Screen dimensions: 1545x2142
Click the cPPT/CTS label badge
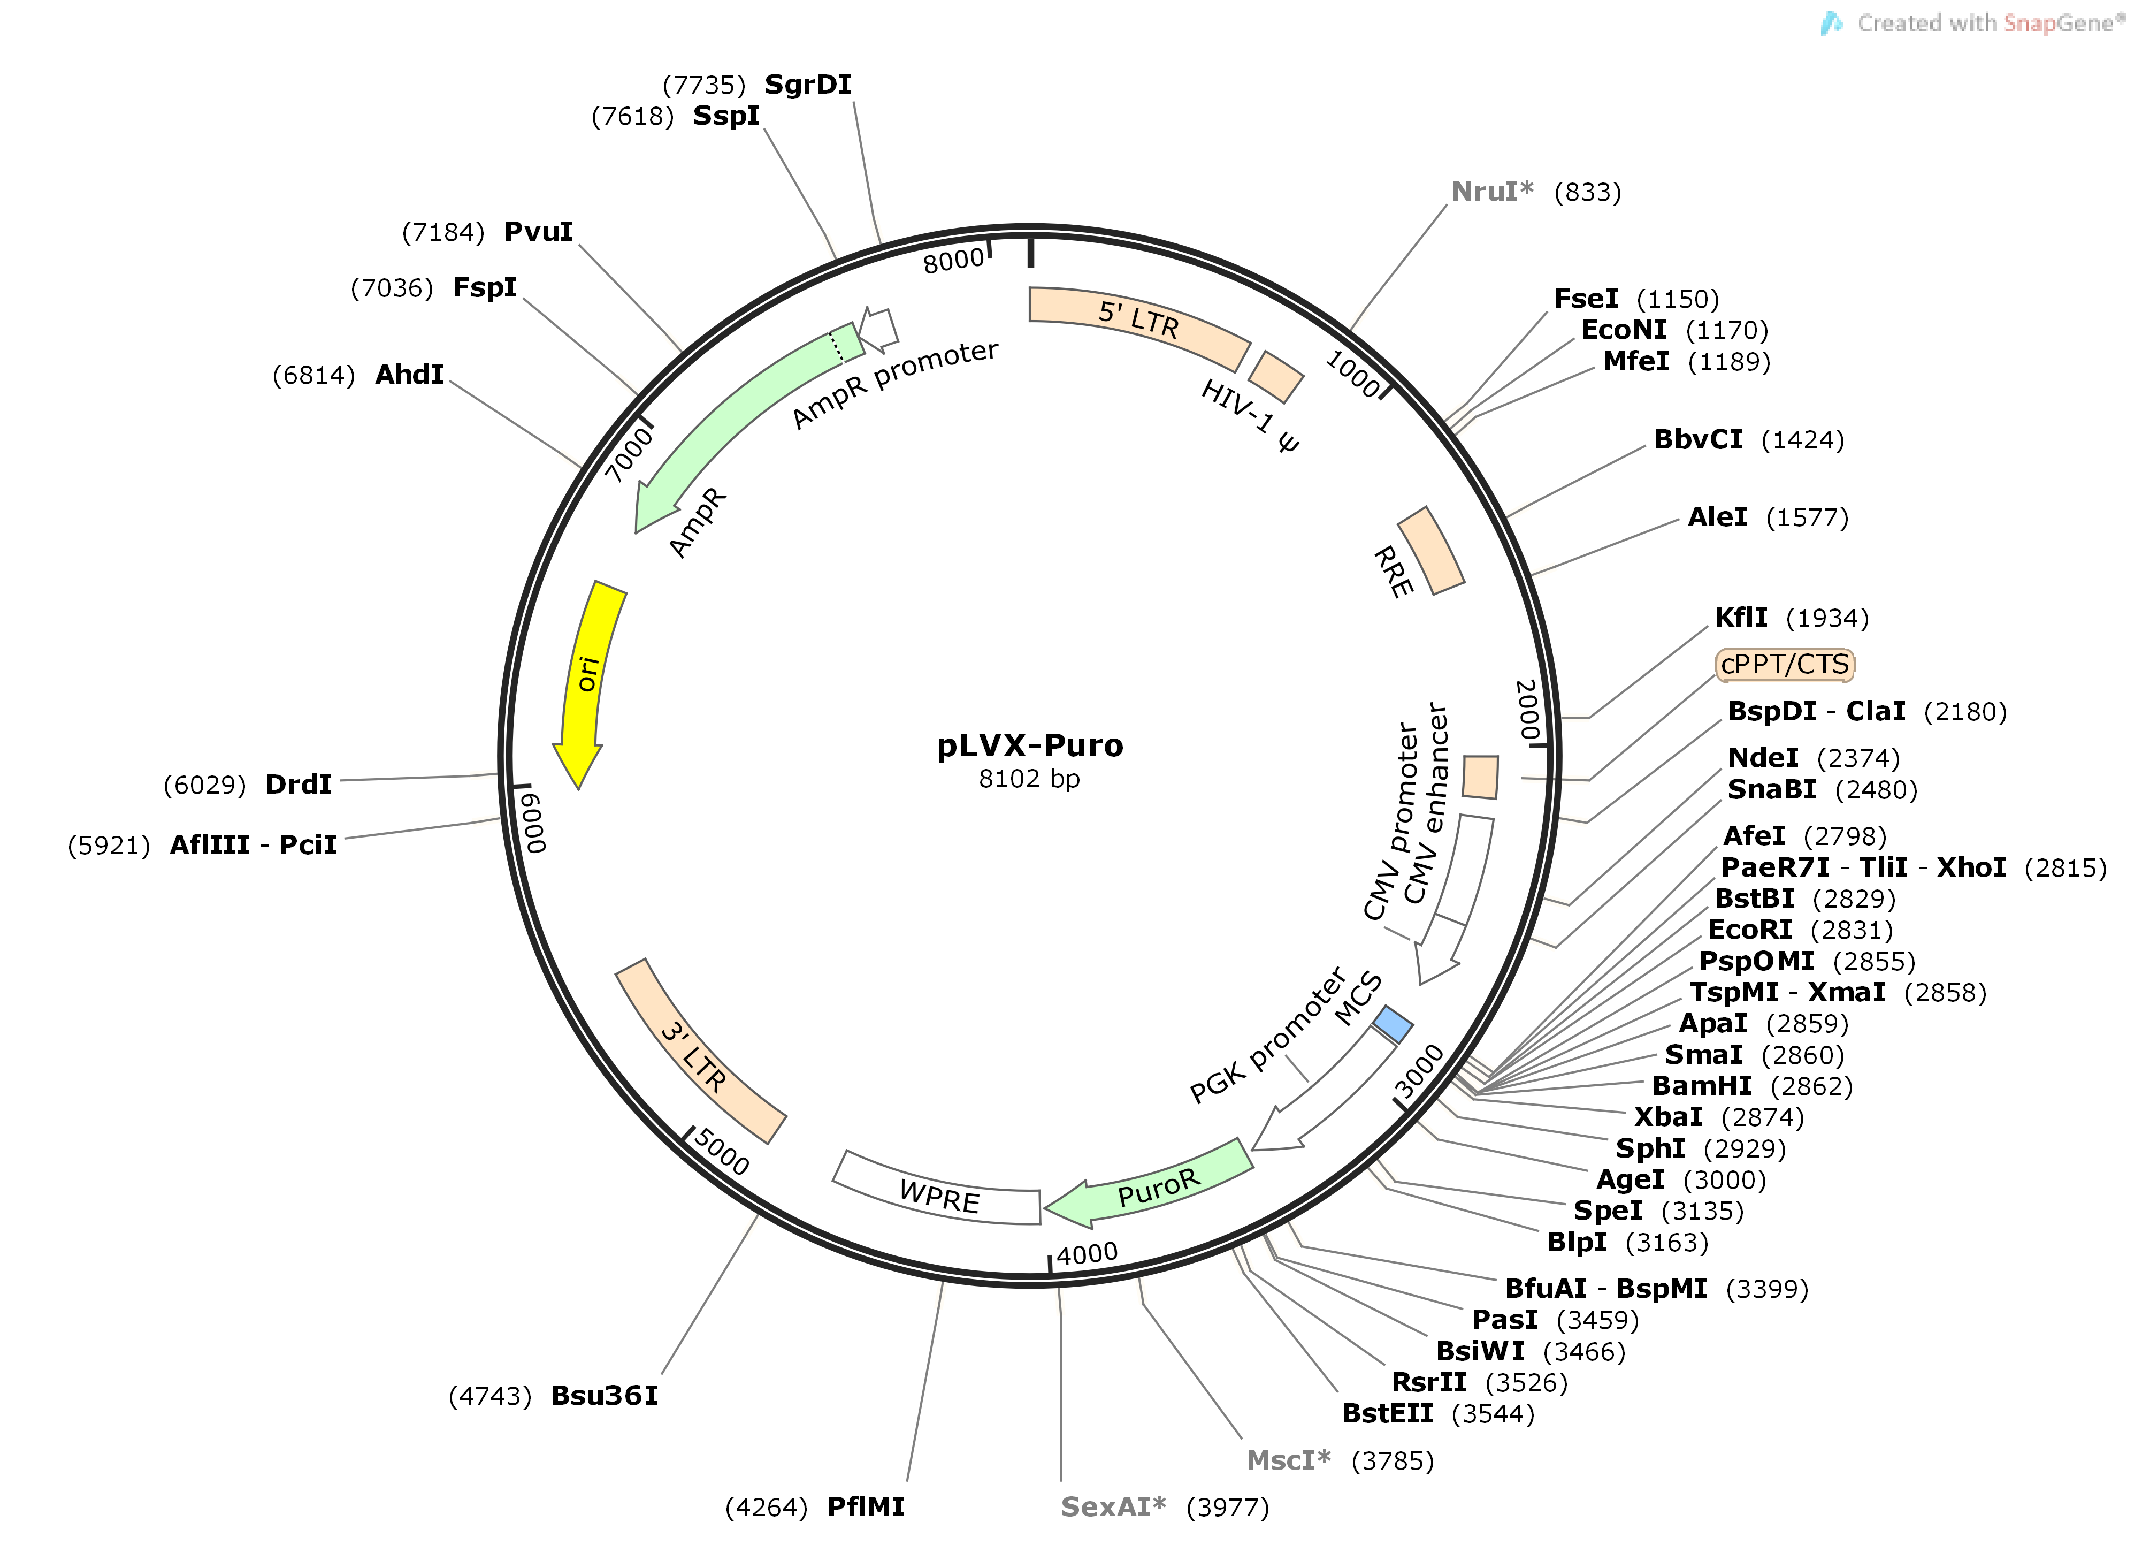click(x=1784, y=664)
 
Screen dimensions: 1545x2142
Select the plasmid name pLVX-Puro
click(x=1029, y=745)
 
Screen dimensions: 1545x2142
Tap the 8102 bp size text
click(x=1029, y=779)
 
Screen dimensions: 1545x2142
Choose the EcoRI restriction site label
click(x=1750, y=930)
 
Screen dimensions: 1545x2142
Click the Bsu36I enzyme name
click(x=605, y=1396)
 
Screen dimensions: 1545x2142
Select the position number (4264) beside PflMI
click(x=766, y=1507)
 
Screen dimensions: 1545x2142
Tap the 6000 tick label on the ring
click(x=534, y=822)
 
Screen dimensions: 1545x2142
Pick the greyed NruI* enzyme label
click(x=1492, y=192)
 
